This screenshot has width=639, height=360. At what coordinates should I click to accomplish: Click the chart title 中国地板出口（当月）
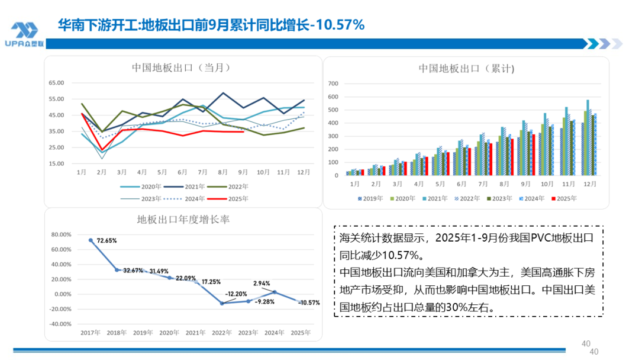coord(180,67)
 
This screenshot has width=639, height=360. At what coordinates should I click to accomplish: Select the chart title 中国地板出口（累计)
coord(466,68)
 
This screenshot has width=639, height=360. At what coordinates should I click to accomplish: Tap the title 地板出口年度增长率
coord(183,220)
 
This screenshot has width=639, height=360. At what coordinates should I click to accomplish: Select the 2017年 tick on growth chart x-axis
coord(91,333)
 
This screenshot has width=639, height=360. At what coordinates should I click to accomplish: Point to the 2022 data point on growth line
coord(221,303)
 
